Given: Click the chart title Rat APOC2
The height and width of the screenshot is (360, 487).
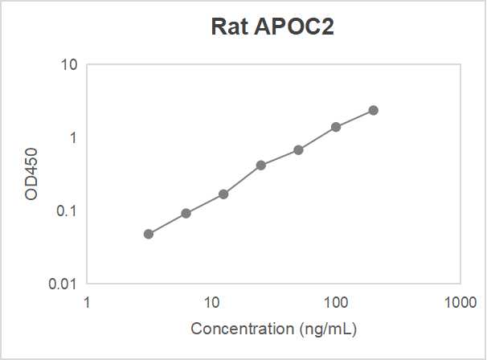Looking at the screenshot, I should [x=272, y=27].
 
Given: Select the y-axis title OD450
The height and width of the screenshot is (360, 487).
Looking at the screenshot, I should [x=32, y=174].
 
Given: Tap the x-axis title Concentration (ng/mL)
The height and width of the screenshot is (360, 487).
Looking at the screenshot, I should [x=273, y=329].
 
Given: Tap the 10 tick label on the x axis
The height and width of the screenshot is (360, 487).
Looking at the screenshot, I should [x=211, y=302].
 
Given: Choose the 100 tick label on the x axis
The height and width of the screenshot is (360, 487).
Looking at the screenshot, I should [x=336, y=302].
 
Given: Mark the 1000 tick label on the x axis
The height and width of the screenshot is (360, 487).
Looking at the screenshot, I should [x=460, y=302].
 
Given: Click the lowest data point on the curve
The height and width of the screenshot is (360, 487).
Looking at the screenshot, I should [x=149, y=234].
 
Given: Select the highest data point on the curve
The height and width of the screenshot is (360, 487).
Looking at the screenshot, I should [x=373, y=110].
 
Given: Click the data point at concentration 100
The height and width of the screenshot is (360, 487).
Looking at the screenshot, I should [x=336, y=127].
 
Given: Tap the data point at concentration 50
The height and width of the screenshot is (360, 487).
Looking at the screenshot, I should [x=298, y=150].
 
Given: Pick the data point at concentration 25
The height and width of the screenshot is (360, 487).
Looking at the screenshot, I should [x=261, y=166].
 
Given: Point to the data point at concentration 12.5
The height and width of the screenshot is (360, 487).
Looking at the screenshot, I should [x=223, y=194].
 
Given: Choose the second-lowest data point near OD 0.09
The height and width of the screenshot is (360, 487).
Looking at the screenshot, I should [x=186, y=213].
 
